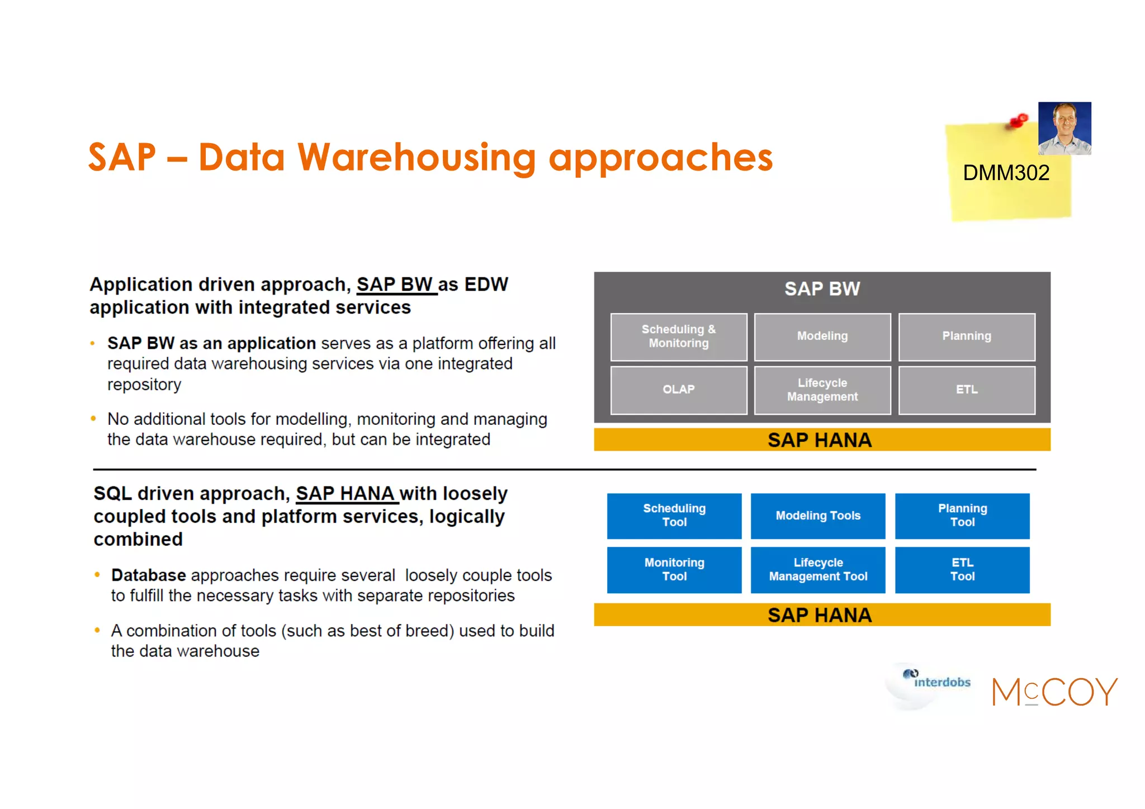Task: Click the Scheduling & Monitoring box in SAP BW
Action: (x=678, y=337)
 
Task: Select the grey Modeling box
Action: (x=822, y=337)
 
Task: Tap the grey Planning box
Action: (x=966, y=337)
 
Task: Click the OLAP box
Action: (x=678, y=390)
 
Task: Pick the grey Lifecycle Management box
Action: (x=822, y=390)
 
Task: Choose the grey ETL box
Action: (x=966, y=390)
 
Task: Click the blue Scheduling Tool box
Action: (x=674, y=515)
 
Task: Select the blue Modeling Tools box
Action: (x=817, y=515)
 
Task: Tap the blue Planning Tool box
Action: (x=962, y=515)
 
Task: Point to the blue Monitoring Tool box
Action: (x=674, y=569)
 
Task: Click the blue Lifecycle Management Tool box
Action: (x=817, y=569)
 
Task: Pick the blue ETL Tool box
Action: (x=962, y=569)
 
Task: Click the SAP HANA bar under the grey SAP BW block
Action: (x=822, y=440)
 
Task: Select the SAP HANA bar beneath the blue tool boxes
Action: (x=822, y=615)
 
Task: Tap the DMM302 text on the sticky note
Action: (x=1006, y=173)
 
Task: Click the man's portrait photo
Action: (x=1064, y=129)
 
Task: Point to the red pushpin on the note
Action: (x=1019, y=121)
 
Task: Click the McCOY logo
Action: (x=1054, y=692)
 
